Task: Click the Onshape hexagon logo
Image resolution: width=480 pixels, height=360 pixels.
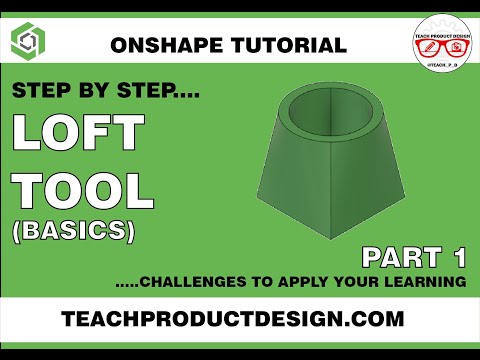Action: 28,41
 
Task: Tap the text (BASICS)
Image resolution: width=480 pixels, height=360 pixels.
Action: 73,231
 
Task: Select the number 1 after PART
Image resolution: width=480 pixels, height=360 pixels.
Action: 458,257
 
